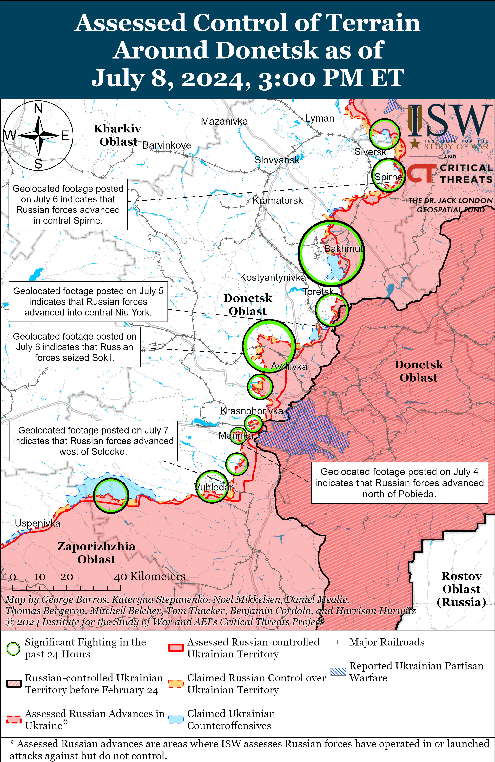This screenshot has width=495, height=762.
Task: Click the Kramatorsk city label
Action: pos(277,200)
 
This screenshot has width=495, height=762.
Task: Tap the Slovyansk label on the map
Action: pos(277,160)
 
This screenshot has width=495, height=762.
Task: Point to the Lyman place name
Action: pos(320,118)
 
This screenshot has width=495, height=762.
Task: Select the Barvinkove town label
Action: pos(167,145)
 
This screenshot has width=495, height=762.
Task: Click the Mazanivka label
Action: pos(224,121)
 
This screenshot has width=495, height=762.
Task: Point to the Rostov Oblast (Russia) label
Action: pos(461,589)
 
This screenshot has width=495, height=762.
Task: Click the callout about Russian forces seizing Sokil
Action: pos(75,347)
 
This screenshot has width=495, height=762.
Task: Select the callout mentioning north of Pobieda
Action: pos(399,483)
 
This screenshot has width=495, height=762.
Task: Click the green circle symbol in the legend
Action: pos(13,648)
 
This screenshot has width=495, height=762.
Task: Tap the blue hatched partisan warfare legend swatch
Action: pos(338,672)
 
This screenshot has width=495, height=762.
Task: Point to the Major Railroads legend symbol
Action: pos(338,642)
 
